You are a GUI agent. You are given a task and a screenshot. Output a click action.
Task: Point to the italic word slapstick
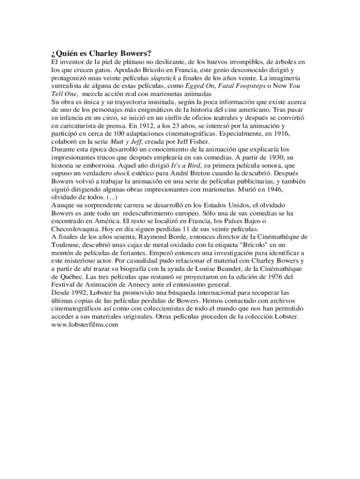(x=163, y=78)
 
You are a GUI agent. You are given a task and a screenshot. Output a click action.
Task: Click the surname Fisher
(x=200, y=142)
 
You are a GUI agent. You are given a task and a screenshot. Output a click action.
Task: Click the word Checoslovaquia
(x=76, y=229)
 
